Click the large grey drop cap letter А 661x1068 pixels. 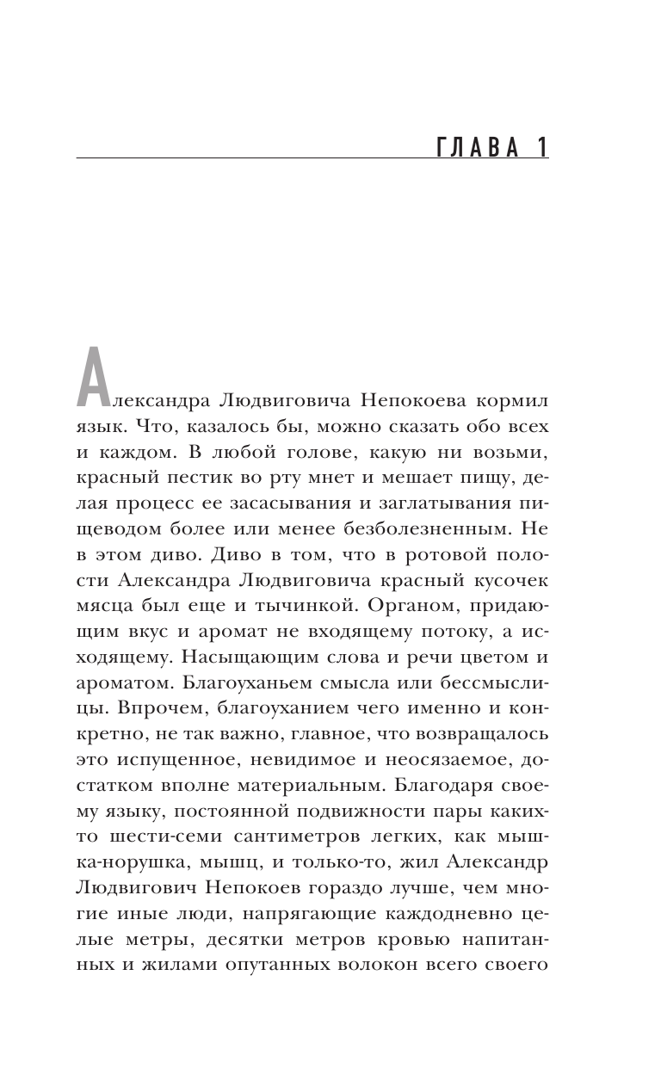(x=94, y=376)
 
